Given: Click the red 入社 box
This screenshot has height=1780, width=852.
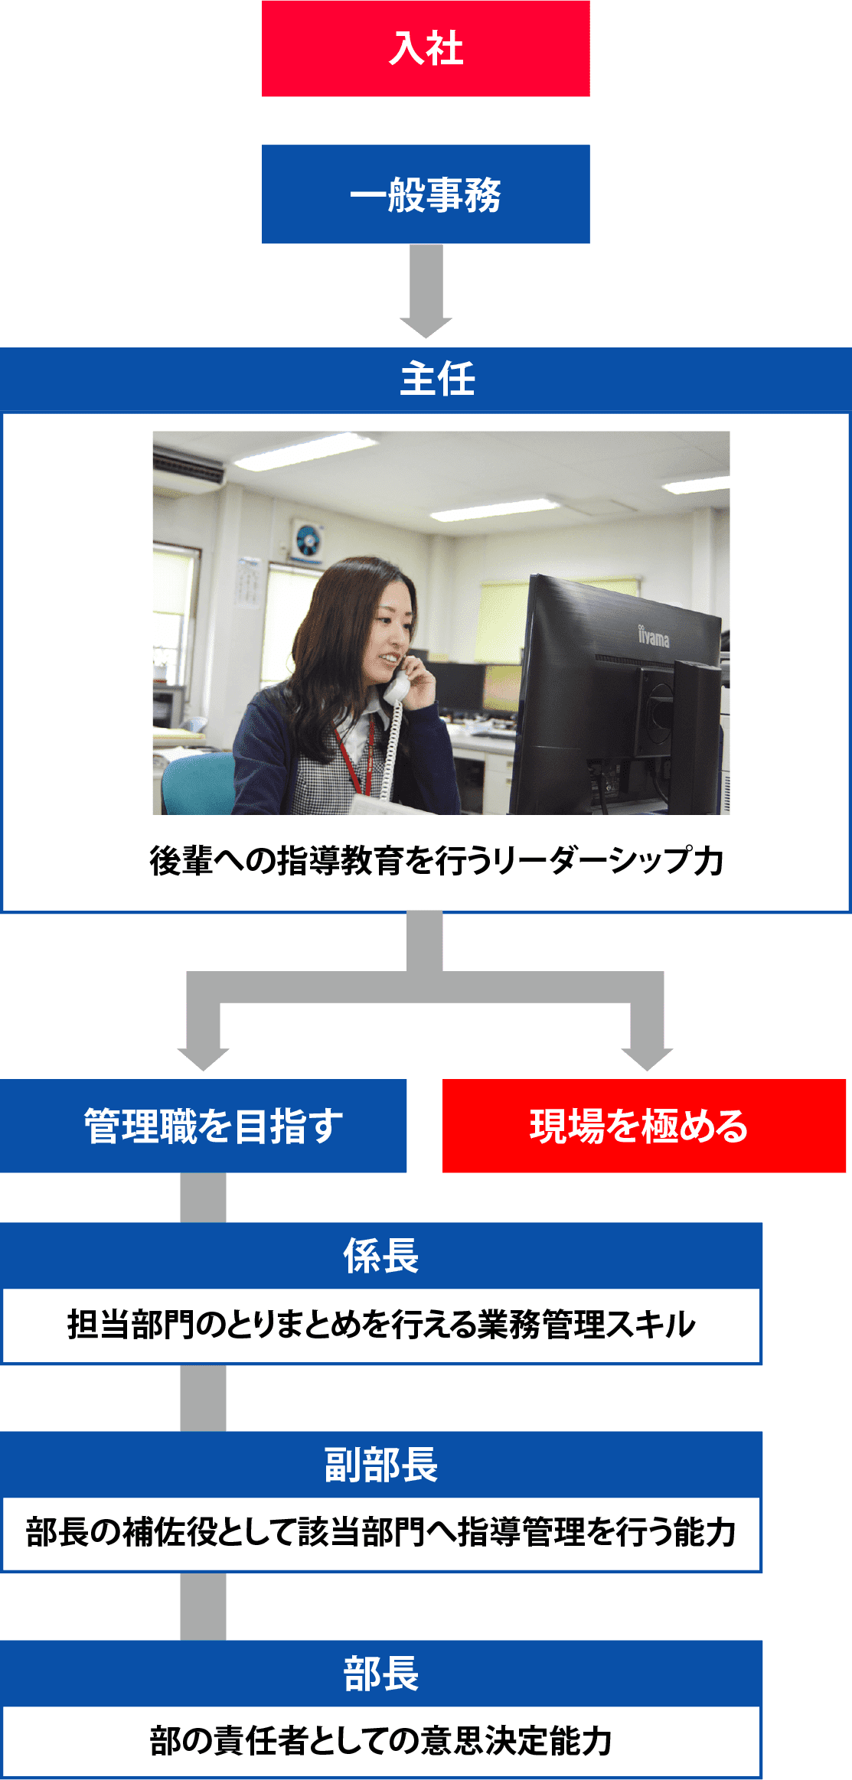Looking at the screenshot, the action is coord(426,48).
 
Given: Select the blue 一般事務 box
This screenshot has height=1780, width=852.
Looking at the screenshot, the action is coord(426,194).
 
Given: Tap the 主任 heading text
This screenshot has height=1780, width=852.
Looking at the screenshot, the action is coord(437,380).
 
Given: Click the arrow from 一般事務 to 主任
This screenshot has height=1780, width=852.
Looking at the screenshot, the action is coord(426,291).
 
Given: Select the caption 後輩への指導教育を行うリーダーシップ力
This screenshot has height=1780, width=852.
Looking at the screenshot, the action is coord(437,860).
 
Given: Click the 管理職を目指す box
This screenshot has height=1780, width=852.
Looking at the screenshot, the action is coord(203,1126).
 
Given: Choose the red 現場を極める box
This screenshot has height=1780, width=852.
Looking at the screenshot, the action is coord(644,1126).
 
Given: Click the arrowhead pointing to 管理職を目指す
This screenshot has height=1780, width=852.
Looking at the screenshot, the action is coord(203,1058).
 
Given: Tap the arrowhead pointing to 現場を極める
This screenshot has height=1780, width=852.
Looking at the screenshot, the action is coord(647,1058).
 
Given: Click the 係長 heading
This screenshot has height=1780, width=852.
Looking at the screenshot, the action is coord(381,1256).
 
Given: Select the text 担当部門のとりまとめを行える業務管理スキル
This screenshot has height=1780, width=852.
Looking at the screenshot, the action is coord(381,1325).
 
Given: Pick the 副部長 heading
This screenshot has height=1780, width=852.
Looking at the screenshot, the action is coord(381,1465).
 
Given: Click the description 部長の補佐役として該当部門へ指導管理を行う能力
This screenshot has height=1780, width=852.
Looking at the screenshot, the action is coord(381,1533).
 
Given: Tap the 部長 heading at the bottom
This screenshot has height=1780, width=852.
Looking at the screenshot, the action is coord(381,1674).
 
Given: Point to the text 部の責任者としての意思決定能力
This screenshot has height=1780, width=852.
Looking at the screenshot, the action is coord(381,1741).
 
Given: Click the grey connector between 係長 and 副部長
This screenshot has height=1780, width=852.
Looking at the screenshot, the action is coord(203,1397).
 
